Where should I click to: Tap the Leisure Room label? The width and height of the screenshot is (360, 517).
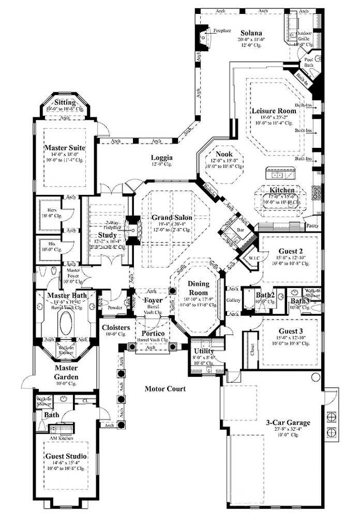click(266, 111)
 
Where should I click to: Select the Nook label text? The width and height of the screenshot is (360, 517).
click(224, 154)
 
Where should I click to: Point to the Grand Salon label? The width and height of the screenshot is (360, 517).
click(172, 218)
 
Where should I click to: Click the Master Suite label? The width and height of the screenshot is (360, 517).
click(64, 148)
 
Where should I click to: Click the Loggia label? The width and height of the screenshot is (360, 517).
click(162, 158)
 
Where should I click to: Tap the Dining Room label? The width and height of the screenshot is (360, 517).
click(198, 288)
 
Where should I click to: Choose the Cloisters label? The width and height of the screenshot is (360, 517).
click(115, 327)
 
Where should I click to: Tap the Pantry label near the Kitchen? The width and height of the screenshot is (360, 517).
click(312, 225)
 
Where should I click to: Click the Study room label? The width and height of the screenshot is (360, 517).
click(108, 235)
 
